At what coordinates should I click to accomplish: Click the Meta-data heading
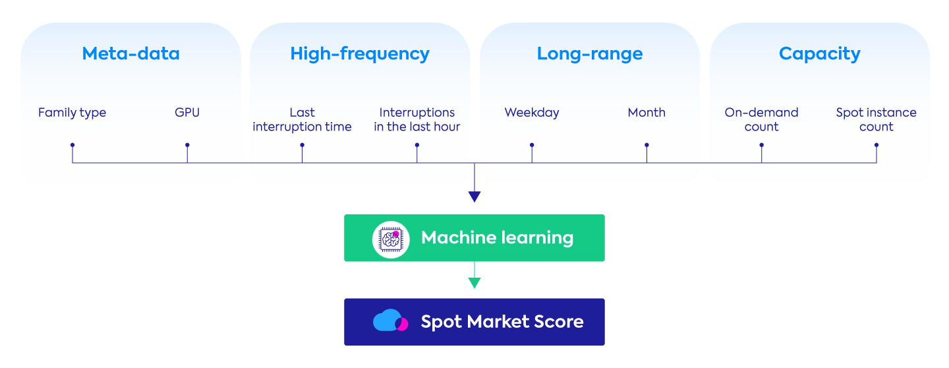click(x=130, y=54)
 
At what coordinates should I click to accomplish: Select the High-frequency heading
click(x=359, y=54)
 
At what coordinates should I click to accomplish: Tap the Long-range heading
click(x=589, y=54)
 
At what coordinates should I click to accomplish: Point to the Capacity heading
click(x=819, y=54)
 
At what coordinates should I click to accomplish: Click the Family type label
click(x=72, y=113)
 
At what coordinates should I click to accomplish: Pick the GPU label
click(x=187, y=113)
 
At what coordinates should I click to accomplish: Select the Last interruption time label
click(x=302, y=119)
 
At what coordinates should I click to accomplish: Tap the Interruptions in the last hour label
click(x=417, y=119)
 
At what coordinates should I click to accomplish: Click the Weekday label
click(x=531, y=113)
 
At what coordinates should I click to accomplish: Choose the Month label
click(x=647, y=113)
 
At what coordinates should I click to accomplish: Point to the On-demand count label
click(x=761, y=119)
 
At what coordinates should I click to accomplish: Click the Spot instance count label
click(x=876, y=119)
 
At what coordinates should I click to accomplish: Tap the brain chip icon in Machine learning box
click(x=391, y=238)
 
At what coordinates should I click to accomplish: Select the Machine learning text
click(x=497, y=238)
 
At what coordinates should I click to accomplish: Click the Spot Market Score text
click(x=502, y=322)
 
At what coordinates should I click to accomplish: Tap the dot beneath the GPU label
click(x=187, y=144)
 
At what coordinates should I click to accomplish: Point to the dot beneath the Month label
click(x=647, y=144)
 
